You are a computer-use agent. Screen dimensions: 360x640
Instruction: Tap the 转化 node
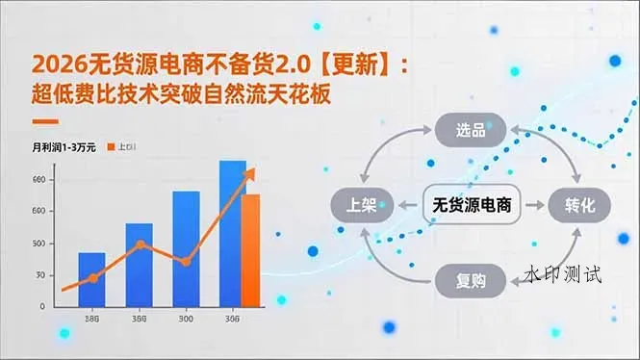click(x=579, y=205)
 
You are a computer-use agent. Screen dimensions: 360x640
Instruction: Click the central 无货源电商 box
click(x=472, y=205)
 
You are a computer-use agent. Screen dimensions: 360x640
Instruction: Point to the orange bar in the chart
click(x=251, y=248)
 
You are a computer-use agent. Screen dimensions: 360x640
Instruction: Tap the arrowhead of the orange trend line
click(x=252, y=171)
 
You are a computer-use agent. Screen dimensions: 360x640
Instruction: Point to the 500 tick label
click(x=38, y=243)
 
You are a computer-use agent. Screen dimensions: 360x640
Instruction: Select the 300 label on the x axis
click(x=186, y=319)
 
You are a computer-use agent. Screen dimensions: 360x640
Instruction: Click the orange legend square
click(x=111, y=147)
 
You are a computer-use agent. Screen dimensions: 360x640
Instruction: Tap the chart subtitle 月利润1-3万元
click(x=63, y=147)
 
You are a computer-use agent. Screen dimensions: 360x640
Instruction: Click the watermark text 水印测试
click(x=563, y=275)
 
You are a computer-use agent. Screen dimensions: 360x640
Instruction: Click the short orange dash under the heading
click(x=45, y=122)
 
